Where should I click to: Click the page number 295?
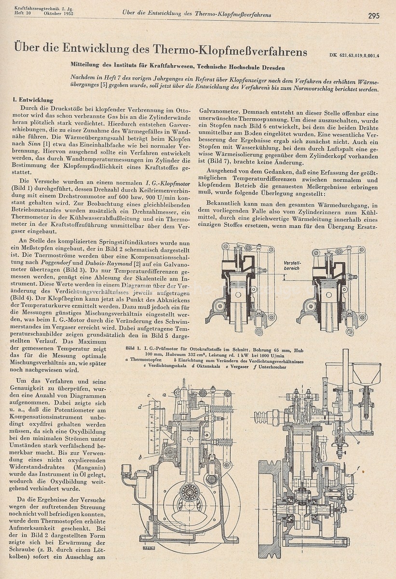click(x=373, y=15)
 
